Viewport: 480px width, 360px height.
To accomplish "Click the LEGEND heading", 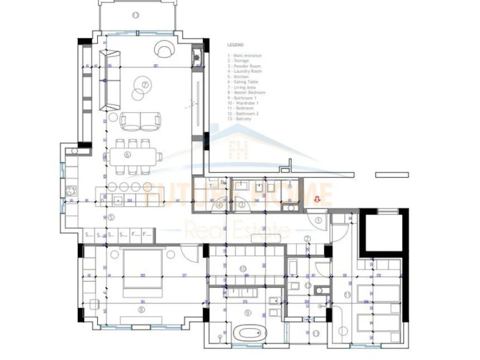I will pyautogui.click(x=235, y=45).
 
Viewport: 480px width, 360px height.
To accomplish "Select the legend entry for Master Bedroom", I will pyautogui.click(x=247, y=92).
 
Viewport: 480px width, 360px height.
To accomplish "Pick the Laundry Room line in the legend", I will pyautogui.click(x=245, y=71).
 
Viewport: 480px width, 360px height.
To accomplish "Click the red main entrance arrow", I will pyautogui.click(x=317, y=200).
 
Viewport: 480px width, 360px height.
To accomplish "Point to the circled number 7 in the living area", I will pyautogui.click(x=145, y=85).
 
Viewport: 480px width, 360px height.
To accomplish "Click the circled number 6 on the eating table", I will pyautogui.click(x=127, y=155).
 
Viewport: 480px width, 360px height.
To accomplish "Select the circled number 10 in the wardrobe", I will pyautogui.click(x=243, y=268).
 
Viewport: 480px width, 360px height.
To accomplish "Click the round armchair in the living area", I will pyautogui.click(x=164, y=49).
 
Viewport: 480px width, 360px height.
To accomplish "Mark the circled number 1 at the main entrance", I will pyautogui.click(x=319, y=220).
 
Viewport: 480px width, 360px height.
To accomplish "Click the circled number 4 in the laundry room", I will pyautogui.click(x=219, y=205).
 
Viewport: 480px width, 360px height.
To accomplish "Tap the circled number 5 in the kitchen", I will pyautogui.click(x=111, y=218).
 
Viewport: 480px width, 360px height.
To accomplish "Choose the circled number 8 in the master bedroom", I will pyautogui.click(x=141, y=310).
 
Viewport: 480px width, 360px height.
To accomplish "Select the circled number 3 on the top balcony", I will pyautogui.click(x=135, y=15).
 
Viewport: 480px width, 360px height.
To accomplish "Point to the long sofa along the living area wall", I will pyautogui.click(x=110, y=80).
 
